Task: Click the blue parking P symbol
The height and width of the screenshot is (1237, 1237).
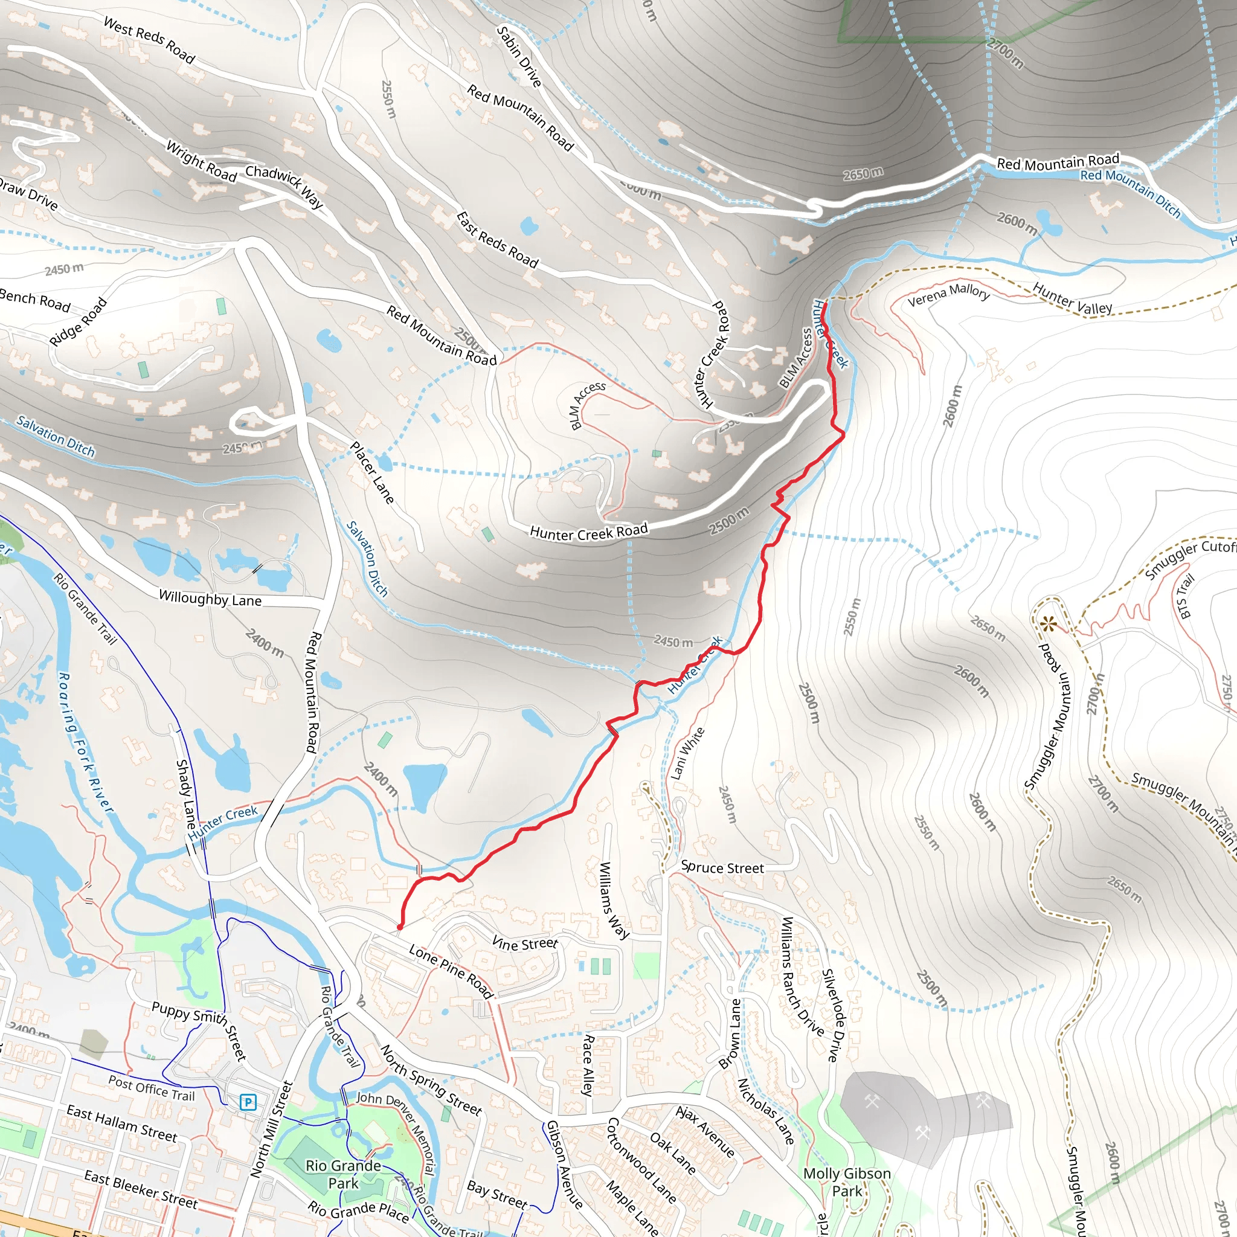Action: point(248,1102)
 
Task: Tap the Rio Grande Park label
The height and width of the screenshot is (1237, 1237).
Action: point(343,1174)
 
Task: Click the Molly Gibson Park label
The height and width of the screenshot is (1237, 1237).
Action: point(846,1182)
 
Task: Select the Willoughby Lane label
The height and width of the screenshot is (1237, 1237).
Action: point(210,599)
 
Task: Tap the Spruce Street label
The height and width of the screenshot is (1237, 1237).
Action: point(722,868)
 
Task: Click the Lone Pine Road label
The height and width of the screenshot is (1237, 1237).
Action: point(451,971)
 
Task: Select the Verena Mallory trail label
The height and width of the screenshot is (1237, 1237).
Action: point(948,295)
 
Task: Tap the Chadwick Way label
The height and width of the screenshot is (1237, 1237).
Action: point(285,185)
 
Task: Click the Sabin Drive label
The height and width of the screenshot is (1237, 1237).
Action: point(519,56)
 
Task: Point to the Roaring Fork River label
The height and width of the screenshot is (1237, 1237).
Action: point(85,743)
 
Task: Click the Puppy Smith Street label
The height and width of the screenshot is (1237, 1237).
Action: point(199,1030)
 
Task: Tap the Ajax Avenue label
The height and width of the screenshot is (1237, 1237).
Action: point(705,1132)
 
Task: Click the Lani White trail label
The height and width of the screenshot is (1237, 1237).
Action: point(687,754)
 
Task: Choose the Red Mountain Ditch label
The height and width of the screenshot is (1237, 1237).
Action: point(1130,193)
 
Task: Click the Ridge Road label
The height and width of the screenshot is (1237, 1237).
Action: point(78,321)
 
